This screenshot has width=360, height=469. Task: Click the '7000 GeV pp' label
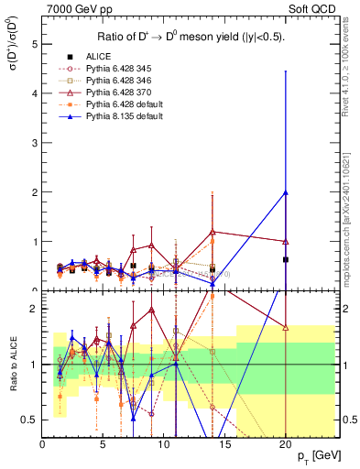[76, 8]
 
